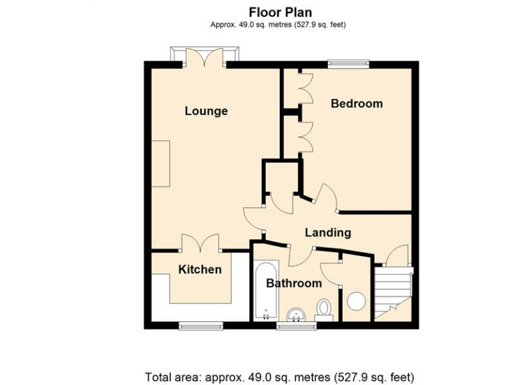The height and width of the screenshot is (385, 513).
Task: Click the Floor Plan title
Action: pyautogui.click(x=280, y=12)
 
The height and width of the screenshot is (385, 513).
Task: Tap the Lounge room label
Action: pyautogui.click(x=206, y=111)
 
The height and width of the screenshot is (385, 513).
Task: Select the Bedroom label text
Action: pyautogui.click(x=357, y=104)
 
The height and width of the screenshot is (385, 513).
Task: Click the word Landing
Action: pyautogui.click(x=328, y=233)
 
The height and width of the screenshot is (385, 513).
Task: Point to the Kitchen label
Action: pyautogui.click(x=200, y=269)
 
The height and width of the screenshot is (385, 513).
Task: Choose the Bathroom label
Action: pyautogui.click(x=294, y=283)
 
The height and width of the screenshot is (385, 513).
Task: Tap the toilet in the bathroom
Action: pyautogui.click(x=324, y=309)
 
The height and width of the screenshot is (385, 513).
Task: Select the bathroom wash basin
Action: pyautogui.click(x=295, y=314)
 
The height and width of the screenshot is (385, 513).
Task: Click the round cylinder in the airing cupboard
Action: pyautogui.click(x=357, y=301)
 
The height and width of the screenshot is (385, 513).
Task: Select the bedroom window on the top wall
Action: pyautogui.click(x=348, y=64)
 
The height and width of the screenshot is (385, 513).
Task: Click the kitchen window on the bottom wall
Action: pyautogui.click(x=200, y=326)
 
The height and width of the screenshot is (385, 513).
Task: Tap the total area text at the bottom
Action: pyautogui.click(x=280, y=376)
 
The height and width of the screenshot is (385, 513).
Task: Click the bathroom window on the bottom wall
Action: pyautogui.click(x=295, y=326)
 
